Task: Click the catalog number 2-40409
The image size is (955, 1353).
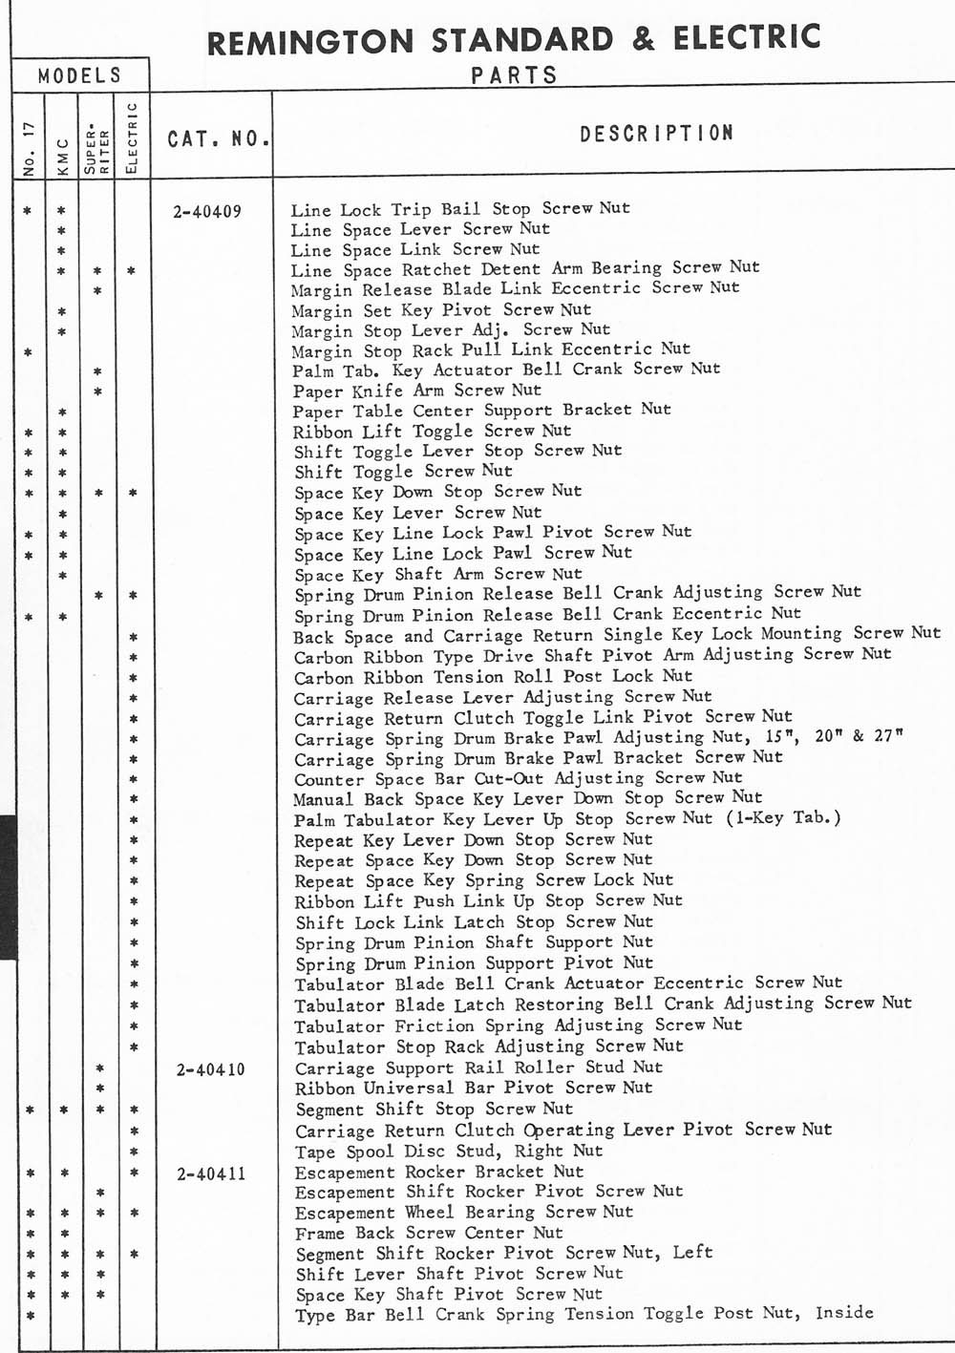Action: point(207,212)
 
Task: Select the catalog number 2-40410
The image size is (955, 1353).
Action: point(211,1069)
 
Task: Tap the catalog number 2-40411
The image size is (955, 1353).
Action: point(211,1173)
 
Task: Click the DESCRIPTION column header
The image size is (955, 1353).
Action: point(656,134)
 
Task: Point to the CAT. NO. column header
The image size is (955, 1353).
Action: point(219,139)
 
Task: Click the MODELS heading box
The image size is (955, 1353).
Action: point(80,75)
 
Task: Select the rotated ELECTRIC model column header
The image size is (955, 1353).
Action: point(133,137)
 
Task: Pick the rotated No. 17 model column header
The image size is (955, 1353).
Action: point(30,148)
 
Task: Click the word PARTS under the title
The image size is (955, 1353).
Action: point(514,75)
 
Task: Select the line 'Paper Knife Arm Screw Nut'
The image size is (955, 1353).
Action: point(417,391)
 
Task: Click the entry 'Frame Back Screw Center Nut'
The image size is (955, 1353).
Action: point(429,1233)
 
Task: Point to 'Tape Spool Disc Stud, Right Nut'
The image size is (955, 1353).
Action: point(449,1152)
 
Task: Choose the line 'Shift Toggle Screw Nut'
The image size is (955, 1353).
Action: point(403,472)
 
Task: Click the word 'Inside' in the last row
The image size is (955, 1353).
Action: point(844,1313)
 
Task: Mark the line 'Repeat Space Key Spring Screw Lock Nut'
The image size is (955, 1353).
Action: point(483,880)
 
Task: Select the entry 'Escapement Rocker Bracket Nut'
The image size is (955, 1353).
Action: point(438,1173)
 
